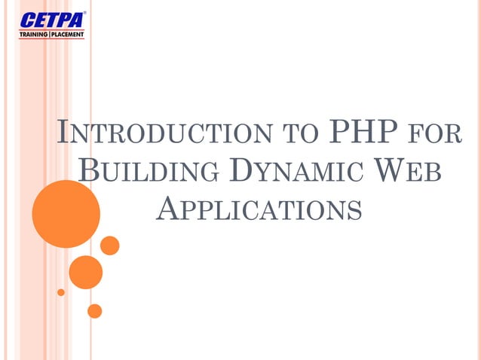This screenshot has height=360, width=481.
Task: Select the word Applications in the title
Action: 259,207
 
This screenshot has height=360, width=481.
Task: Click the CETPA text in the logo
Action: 52,20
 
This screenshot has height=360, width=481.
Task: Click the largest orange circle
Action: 66,203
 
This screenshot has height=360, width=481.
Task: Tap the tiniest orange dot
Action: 61,292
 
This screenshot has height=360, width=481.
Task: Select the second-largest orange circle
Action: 85,272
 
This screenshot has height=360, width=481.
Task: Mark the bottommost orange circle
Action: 94,310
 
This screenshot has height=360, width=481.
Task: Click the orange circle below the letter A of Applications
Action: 110,246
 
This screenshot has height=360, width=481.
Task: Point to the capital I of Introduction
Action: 64,132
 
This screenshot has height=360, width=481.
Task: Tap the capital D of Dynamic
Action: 237,169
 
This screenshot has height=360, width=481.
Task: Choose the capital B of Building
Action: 89,169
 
